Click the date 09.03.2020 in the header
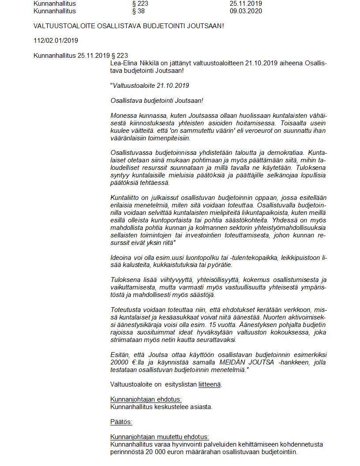(x=246, y=11)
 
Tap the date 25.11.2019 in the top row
(x=246, y=4)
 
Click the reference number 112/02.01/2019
(x=55, y=41)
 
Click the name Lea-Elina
(x=124, y=63)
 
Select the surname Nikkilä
(x=151, y=63)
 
